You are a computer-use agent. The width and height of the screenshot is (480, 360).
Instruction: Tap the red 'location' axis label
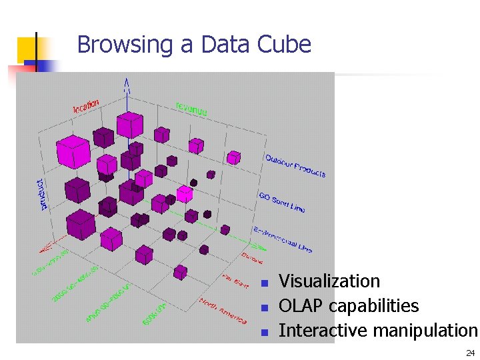click(86, 105)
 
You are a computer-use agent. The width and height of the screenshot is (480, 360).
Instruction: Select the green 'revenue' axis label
click(191, 108)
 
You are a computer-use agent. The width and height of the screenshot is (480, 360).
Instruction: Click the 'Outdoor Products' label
click(295, 166)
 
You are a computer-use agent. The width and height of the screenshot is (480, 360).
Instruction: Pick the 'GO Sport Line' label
click(281, 202)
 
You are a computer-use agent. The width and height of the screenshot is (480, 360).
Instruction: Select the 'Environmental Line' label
click(283, 239)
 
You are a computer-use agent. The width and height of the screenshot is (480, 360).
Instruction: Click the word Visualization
click(329, 281)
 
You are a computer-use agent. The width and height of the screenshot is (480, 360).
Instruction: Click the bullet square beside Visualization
click(264, 283)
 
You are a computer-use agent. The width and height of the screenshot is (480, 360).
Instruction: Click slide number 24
click(471, 353)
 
